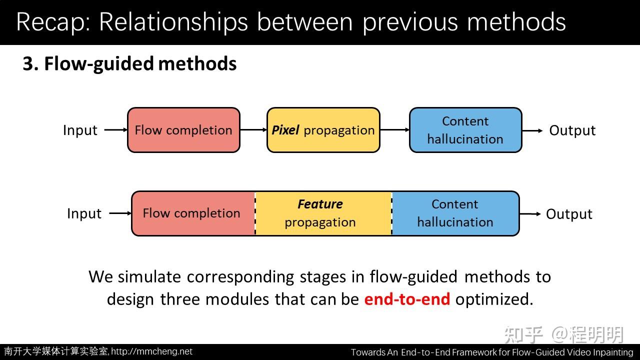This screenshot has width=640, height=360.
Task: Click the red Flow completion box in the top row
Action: pyautogui.click(x=183, y=130)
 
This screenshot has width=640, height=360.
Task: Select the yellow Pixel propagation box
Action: pyautogui.click(x=323, y=130)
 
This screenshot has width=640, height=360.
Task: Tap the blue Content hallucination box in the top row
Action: pyautogui.click(x=465, y=130)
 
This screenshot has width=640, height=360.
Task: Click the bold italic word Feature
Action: pyautogui.click(x=320, y=204)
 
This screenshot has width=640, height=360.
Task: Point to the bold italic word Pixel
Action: pyautogui.click(x=285, y=130)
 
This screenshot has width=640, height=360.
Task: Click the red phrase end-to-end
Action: pyautogui.click(x=407, y=299)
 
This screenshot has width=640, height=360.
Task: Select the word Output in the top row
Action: pyautogui.click(x=572, y=130)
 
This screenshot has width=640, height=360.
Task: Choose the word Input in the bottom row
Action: pyautogui.click(x=84, y=213)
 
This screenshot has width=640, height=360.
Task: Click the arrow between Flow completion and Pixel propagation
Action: pyautogui.click(x=253, y=130)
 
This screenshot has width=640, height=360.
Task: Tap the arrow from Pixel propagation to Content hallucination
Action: pyautogui.click(x=394, y=130)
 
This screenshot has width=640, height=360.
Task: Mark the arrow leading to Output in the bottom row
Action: pyautogui.click(x=530, y=213)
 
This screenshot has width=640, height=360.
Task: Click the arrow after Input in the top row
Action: pyautogui.click(x=116, y=130)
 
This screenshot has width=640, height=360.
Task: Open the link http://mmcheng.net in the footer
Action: pyautogui.click(x=151, y=351)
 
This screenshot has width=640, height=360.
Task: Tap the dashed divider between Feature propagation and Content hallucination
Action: pyautogui.click(x=391, y=213)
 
